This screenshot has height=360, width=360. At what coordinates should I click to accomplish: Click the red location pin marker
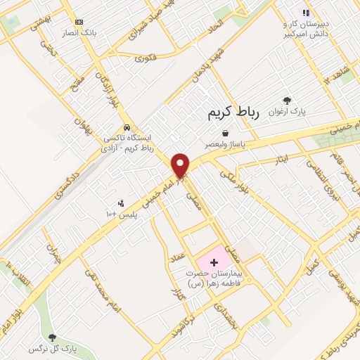tap(181, 165)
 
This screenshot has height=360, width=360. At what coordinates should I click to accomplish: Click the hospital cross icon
tap(214, 262)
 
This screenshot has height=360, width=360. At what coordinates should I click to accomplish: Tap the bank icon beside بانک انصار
tap(78, 22)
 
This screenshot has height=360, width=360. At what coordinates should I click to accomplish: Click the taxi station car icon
tap(126, 128)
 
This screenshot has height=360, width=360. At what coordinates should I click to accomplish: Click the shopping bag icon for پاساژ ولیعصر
tap(225, 133)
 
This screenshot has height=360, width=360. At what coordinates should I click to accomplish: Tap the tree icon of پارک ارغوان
tap(287, 101)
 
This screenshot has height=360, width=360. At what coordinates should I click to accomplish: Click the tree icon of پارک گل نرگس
tap(51, 337)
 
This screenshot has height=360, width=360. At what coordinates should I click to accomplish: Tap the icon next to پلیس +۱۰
tap(120, 203)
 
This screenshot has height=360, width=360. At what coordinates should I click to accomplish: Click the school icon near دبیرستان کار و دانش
tap(305, 13)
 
